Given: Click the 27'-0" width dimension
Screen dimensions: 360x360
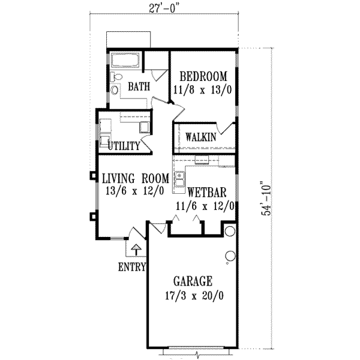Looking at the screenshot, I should tap(180, 8).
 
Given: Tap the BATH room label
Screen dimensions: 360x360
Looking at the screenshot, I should tap(138, 87).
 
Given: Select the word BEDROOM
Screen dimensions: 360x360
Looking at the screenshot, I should tap(203, 76).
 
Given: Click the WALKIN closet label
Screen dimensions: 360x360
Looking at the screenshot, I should tap(200, 137).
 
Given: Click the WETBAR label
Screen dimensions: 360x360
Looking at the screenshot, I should tap(206, 193).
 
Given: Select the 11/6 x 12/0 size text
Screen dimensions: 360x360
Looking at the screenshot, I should tap(205, 205).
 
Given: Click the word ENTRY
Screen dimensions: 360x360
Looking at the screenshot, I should tap(132, 267).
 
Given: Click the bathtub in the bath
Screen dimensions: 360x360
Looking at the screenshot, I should tap(125, 61).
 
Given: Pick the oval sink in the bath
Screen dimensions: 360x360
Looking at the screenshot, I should tap(114, 91).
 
